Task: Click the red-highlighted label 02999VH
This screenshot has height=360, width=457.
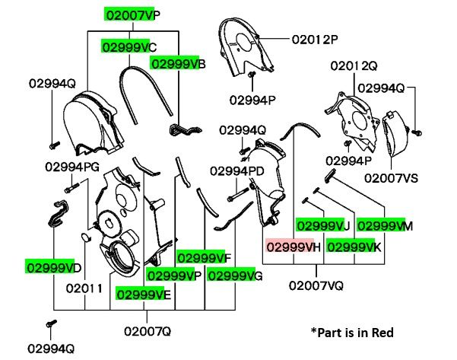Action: pos(294,247)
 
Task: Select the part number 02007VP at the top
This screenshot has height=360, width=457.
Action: pos(133,14)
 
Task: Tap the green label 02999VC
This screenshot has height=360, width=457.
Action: pos(130,47)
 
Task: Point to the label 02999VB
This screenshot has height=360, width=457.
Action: pos(178,65)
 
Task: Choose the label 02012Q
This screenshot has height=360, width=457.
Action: pos(354,67)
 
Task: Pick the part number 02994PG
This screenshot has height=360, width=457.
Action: pos(72,166)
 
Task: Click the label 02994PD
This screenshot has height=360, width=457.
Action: pos(237,170)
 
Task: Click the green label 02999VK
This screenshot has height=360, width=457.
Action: pos(354,247)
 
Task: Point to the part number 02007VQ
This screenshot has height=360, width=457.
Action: pos(316,285)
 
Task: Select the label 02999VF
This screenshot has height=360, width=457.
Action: pos(205,256)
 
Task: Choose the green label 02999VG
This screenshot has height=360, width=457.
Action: pos(236,275)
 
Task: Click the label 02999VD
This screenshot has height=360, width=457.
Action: pos(53,267)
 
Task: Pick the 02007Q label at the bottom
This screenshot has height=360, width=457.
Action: pos(148,331)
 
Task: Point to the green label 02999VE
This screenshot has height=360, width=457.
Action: pos(143,293)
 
